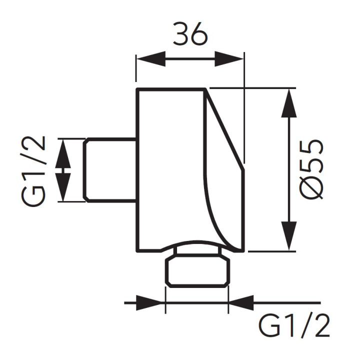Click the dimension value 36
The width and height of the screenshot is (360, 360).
(x=190, y=33)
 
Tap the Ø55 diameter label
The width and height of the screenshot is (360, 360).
(x=311, y=169)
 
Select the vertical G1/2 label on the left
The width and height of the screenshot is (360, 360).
(x=33, y=171)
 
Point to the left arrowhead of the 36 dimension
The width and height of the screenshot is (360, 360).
(x=151, y=59)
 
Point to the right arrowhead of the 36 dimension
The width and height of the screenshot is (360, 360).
(x=229, y=59)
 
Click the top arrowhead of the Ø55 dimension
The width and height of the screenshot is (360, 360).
(x=289, y=103)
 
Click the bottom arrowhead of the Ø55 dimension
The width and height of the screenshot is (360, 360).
(x=289, y=236)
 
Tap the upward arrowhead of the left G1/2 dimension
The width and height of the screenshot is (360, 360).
(x=63, y=154)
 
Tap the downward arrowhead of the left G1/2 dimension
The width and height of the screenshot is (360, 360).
(x=63, y=187)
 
